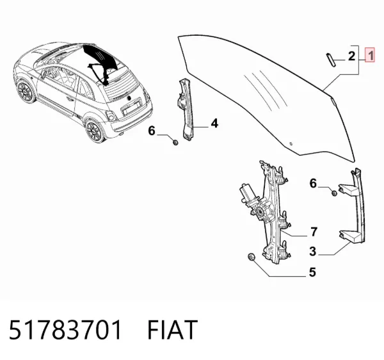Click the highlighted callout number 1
click(x=370, y=55)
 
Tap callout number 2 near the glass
click(x=351, y=56)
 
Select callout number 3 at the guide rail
click(x=313, y=252)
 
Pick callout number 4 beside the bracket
click(x=214, y=123)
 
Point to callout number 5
click(x=312, y=272)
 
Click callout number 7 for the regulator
click(x=314, y=232)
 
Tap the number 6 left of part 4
click(x=152, y=131)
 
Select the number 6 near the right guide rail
click(x=313, y=183)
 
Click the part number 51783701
click(x=65, y=329)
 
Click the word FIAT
click(x=172, y=329)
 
